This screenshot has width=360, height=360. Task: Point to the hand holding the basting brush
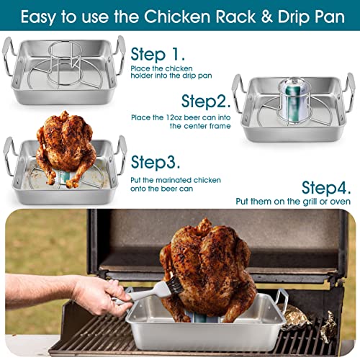click(99, 295)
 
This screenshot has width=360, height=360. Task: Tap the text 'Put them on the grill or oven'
click(296, 202)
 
